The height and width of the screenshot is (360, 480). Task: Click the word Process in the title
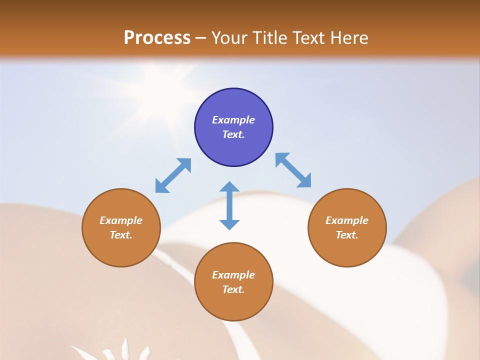pos(157,38)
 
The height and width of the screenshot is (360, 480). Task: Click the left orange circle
pos(121,227)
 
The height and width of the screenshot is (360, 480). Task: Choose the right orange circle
pos(347,227)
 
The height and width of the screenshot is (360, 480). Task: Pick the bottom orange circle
pos(233,281)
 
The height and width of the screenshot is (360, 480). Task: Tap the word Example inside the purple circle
pos(233,120)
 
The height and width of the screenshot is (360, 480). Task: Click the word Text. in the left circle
pos(121,235)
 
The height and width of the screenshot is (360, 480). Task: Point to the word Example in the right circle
pos(347,220)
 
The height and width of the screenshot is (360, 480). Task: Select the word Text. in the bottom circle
pos(233,289)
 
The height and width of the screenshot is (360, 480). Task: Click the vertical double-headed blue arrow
pos(229,205)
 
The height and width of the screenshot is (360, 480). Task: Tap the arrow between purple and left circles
pos(173,175)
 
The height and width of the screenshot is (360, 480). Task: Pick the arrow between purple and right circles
pos(293,170)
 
